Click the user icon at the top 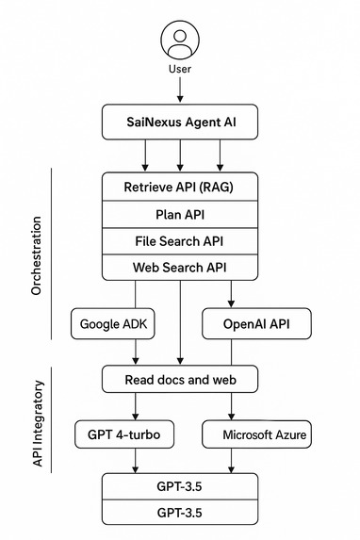[179, 41]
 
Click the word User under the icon [179, 70]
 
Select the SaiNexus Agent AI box [180, 122]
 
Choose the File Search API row [180, 240]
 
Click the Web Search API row [180, 268]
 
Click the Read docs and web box [180, 380]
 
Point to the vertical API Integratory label [37, 423]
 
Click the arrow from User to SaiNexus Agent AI [179, 90]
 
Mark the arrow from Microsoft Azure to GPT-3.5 [232, 462]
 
